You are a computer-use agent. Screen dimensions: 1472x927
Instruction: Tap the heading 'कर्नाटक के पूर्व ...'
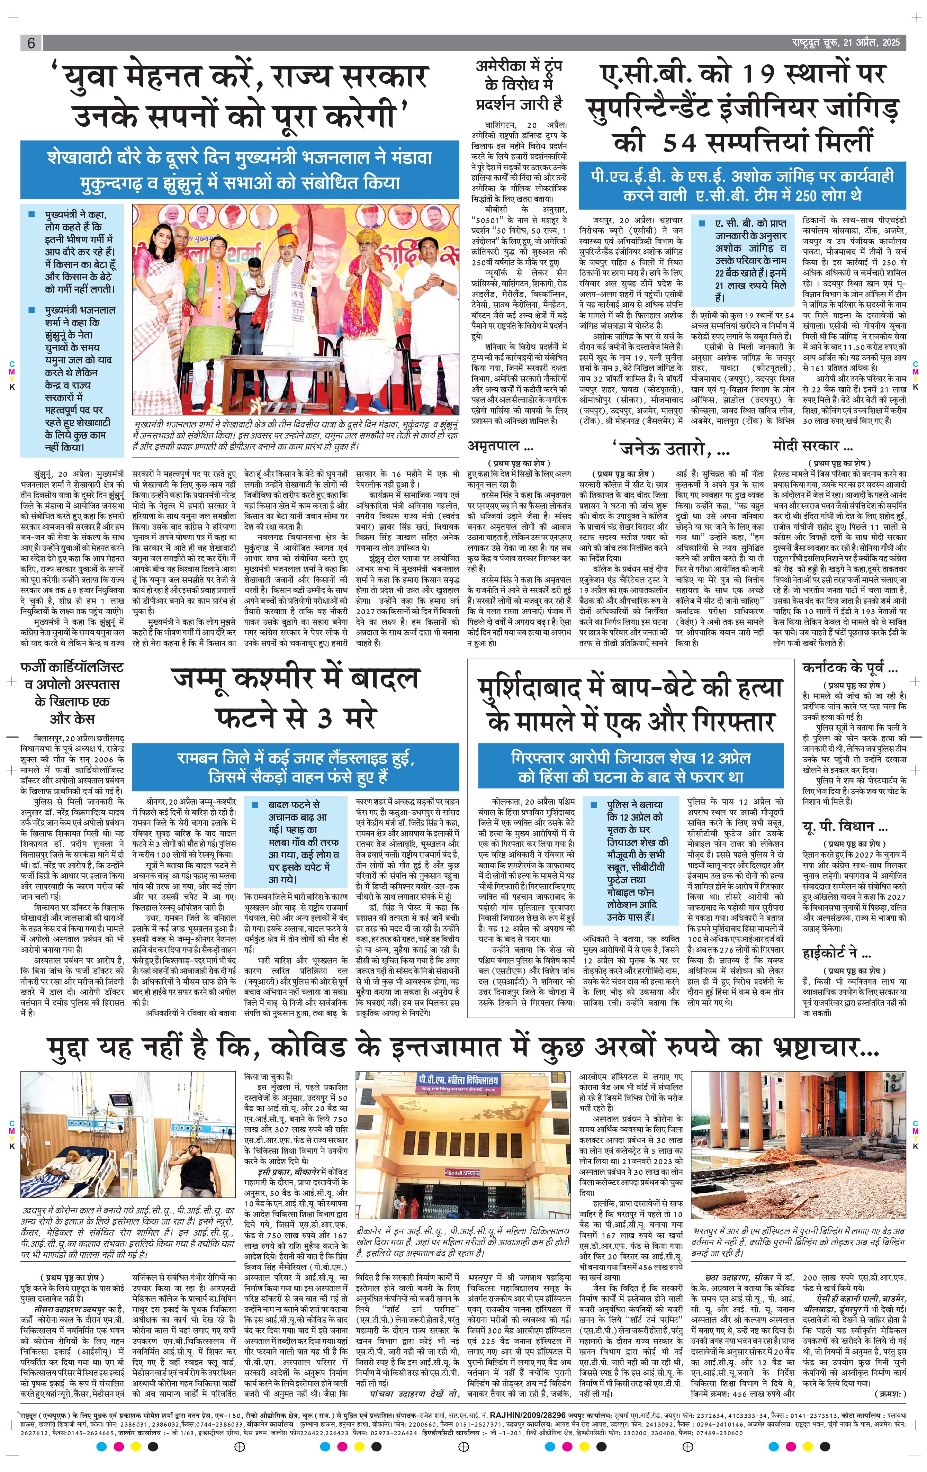point(849,668)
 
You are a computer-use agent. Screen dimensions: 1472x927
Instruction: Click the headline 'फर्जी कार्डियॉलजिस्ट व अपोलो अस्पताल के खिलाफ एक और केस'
point(72,693)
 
